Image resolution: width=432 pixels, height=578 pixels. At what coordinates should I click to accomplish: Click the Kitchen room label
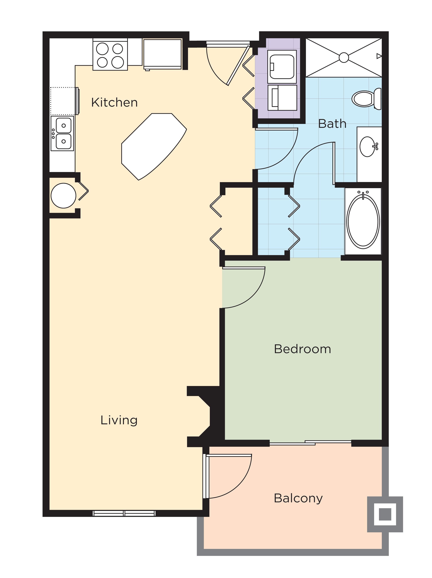tap(114, 102)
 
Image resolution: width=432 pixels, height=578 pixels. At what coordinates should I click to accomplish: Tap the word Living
tap(119, 420)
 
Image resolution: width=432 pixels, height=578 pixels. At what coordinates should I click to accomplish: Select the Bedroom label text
tap(302, 349)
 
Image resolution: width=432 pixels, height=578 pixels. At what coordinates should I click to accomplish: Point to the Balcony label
tap(298, 498)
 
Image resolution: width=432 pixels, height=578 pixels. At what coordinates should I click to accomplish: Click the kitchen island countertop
tap(153, 145)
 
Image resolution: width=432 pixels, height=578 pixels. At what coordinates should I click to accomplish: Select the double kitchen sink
tap(62, 133)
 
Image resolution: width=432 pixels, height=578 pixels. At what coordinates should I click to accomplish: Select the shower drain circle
tap(344, 58)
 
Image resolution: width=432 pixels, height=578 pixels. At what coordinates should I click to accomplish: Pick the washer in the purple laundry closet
tap(282, 67)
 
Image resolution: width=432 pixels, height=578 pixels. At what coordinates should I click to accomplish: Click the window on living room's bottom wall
tap(124, 513)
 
